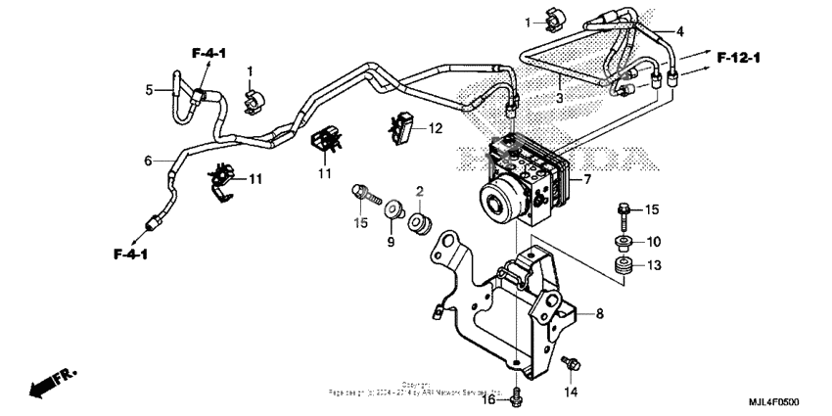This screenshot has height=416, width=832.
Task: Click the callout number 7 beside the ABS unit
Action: [x=587, y=180]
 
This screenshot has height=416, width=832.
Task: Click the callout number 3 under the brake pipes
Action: [x=559, y=99]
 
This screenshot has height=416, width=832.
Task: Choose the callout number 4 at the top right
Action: [x=680, y=31]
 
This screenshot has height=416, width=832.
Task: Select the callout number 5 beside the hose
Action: [x=150, y=90]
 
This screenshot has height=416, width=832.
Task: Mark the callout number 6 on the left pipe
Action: [x=148, y=162]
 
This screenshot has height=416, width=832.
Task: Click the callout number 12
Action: [x=436, y=127]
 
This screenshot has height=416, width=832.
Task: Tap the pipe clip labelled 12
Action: [x=403, y=127]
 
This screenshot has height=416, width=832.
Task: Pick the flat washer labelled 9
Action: [x=396, y=210]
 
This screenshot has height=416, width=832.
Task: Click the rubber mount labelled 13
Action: [x=620, y=267]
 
